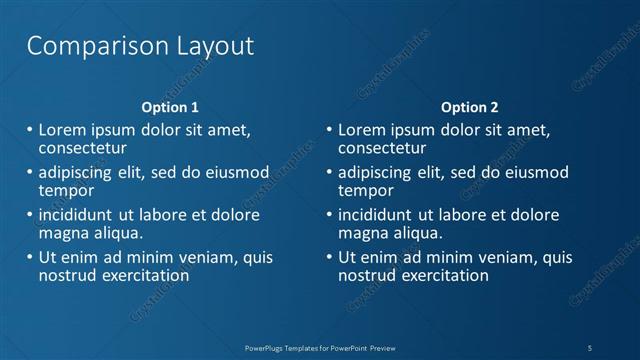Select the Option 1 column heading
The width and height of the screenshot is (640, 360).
169,107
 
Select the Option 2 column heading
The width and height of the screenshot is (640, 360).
469,107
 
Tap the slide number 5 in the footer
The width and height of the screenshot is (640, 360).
590,347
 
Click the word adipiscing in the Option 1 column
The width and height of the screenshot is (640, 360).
80,172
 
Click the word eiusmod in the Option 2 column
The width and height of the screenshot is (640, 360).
534,172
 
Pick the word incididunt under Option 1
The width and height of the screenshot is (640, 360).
80,215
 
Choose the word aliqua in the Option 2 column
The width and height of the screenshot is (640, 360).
413,233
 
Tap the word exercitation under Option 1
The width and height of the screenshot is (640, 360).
143,275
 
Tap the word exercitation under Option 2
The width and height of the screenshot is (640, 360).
443,275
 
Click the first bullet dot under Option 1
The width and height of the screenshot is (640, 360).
27,130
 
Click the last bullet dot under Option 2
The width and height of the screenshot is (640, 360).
327,257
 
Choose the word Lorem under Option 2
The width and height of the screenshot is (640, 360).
362,130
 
